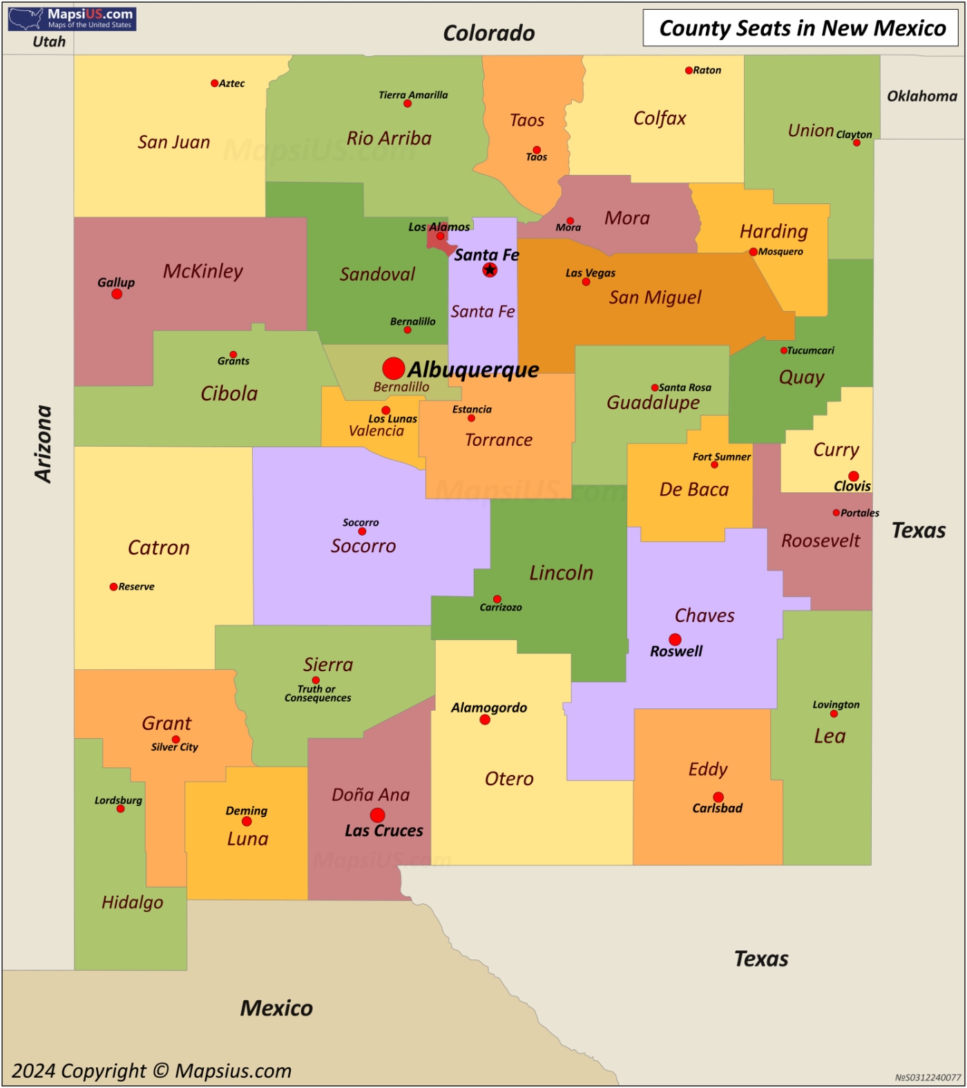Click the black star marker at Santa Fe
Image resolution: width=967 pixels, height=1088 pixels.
(x=490, y=270)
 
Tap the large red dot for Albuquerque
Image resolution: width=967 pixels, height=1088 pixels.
(x=394, y=368)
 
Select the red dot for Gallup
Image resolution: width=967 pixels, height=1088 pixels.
(x=117, y=294)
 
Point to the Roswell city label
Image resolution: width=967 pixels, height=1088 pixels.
(x=676, y=651)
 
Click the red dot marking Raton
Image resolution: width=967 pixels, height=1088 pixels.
(x=689, y=71)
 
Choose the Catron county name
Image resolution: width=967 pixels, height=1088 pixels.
(x=159, y=547)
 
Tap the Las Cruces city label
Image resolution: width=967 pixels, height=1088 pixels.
(x=384, y=831)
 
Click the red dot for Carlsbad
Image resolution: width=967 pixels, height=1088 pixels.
(x=718, y=797)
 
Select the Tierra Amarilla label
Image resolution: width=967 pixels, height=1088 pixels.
(x=413, y=95)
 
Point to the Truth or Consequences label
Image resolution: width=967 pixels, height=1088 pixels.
(x=318, y=693)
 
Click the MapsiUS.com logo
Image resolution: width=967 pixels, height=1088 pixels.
(x=72, y=19)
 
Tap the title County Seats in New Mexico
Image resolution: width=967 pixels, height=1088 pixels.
(x=802, y=28)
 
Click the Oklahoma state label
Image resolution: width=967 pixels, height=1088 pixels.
(x=922, y=96)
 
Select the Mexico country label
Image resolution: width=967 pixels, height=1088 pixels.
(x=276, y=1008)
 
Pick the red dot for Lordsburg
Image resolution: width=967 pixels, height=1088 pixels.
(x=121, y=809)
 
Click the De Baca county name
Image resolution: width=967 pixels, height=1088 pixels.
(x=694, y=489)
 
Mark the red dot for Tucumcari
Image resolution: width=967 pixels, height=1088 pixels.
(x=783, y=350)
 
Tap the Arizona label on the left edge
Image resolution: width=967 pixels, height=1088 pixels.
(x=44, y=444)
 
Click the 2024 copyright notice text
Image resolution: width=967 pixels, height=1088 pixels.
(x=152, y=1071)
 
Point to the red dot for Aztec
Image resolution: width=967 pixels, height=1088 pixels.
(x=214, y=84)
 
